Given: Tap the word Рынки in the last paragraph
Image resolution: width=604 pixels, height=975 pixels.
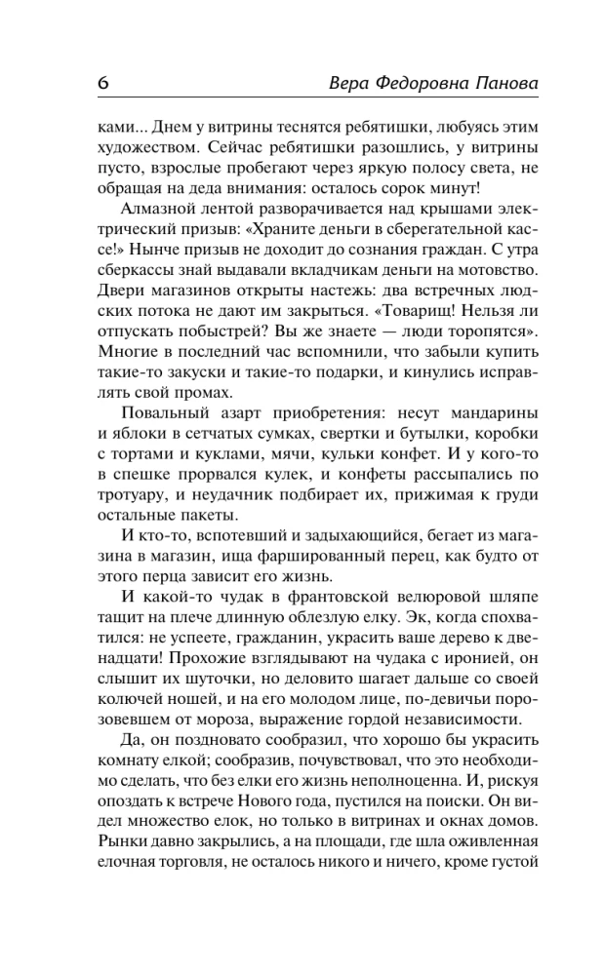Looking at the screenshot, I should [125, 873].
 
